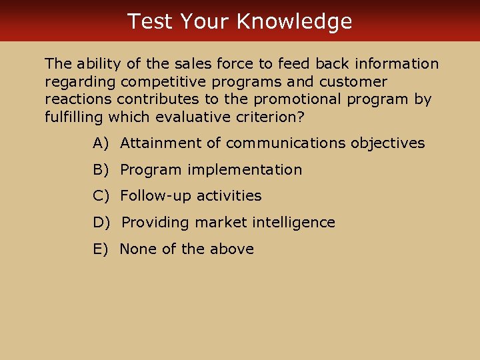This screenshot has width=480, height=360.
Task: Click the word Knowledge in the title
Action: point(294,21)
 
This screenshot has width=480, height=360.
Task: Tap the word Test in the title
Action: point(150,21)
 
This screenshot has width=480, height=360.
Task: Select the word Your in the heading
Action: point(205,21)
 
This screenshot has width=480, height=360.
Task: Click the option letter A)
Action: point(101,143)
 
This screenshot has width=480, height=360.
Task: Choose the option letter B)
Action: point(101,170)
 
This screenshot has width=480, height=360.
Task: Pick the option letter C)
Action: point(101,196)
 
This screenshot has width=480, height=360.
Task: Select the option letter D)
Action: point(101,223)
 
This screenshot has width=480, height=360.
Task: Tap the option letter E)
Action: point(101,249)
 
